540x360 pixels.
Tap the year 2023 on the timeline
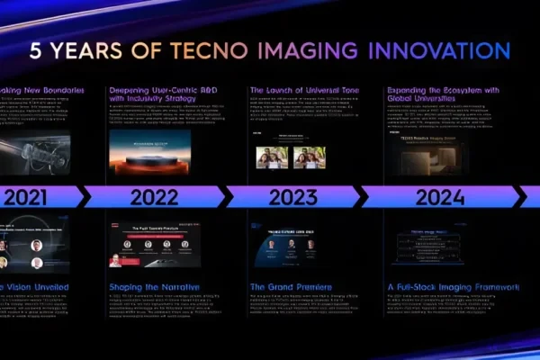(x=291, y=196)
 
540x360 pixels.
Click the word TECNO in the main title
(x=205, y=49)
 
